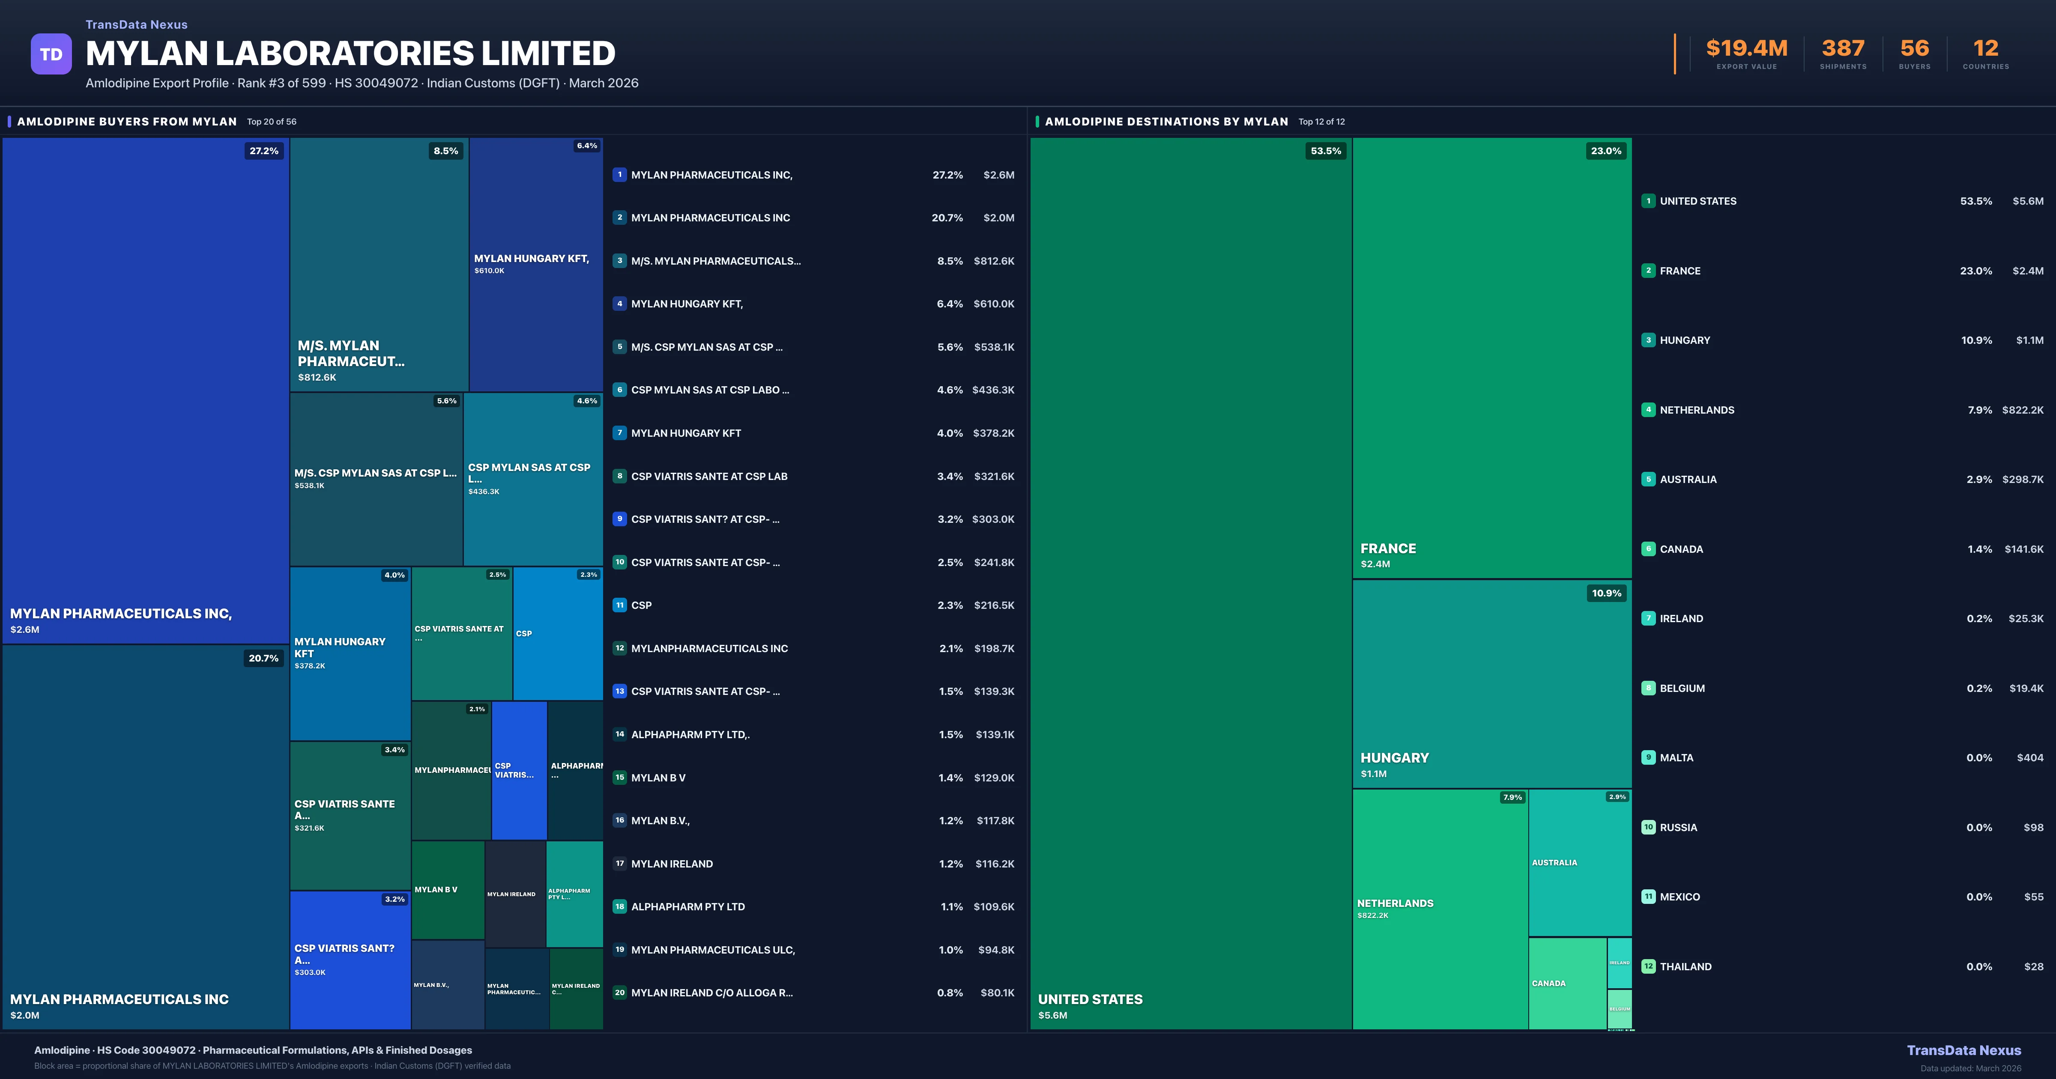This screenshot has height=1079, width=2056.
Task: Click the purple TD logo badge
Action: click(x=51, y=54)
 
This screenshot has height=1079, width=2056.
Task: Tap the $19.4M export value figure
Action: click(x=1746, y=49)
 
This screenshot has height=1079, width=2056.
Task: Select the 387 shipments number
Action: click(x=1843, y=49)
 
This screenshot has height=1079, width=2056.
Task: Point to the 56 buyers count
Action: click(x=1914, y=49)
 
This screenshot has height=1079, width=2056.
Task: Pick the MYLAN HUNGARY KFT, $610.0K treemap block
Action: click(x=535, y=263)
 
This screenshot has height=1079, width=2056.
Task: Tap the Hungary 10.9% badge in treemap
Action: click(x=1606, y=593)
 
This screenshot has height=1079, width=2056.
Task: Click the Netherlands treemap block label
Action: click(x=1395, y=903)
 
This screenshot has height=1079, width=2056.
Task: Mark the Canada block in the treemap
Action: click(x=1566, y=983)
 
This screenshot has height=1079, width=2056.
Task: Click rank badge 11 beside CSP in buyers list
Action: click(x=619, y=605)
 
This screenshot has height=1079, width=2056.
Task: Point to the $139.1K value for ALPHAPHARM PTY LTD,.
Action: click(x=995, y=734)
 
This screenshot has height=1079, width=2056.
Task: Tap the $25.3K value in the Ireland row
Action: click(x=2026, y=619)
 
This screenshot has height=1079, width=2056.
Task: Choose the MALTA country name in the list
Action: click(x=1676, y=757)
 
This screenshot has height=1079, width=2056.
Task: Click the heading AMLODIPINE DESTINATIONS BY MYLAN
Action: click(x=1166, y=121)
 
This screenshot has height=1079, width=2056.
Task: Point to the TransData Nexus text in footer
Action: click(x=1963, y=1050)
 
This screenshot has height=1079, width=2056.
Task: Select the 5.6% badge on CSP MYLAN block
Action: click(x=446, y=401)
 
